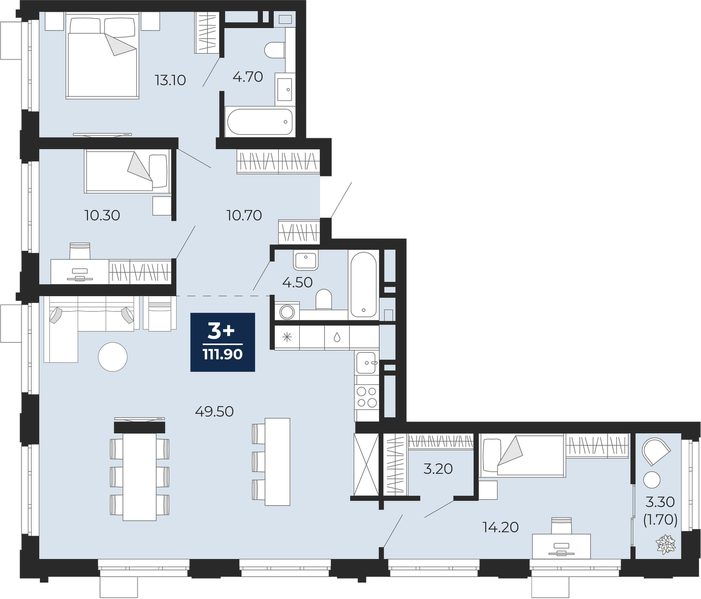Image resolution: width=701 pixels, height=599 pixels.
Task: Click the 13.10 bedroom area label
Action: pyautogui.click(x=170, y=80)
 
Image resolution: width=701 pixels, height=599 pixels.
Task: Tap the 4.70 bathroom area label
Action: pyautogui.click(x=248, y=77)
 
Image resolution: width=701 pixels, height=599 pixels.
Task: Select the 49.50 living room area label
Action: pyautogui.click(x=214, y=412)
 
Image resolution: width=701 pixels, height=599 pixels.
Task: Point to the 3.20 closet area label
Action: pyautogui.click(x=438, y=469)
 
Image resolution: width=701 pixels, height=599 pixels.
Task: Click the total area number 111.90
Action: pyautogui.click(x=222, y=355)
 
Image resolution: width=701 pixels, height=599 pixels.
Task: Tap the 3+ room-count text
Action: pyautogui.click(x=221, y=332)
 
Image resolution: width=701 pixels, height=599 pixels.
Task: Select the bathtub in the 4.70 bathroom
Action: pyautogui.click(x=260, y=121)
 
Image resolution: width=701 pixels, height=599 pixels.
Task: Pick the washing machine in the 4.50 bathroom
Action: pyautogui.click(x=287, y=311)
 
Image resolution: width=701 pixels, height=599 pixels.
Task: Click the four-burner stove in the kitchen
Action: pyautogui.click(x=367, y=397)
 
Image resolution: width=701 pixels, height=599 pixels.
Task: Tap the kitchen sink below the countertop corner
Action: pyautogui.click(x=367, y=363)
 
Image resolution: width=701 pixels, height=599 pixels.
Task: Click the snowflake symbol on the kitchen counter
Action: pyautogui.click(x=287, y=337)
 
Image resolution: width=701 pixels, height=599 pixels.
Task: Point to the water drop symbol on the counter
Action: pyautogui.click(x=337, y=337)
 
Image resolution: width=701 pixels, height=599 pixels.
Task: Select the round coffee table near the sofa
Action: pyautogui.click(x=112, y=357)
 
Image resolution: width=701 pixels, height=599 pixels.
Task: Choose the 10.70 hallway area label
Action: pyautogui.click(x=244, y=215)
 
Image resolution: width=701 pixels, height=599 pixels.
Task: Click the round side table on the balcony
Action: pyautogui.click(x=652, y=480)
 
